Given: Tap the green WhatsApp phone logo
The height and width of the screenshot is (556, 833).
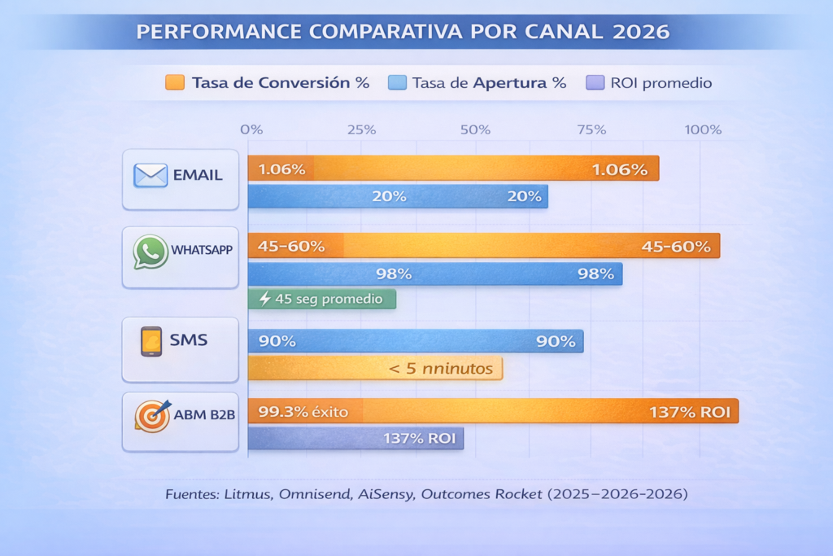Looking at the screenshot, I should (x=150, y=252).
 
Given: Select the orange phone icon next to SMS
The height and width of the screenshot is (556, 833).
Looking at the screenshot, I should (x=150, y=341).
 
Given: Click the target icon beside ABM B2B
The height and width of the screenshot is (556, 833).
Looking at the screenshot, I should (x=151, y=416).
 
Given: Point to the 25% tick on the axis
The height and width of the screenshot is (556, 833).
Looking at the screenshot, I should (x=361, y=130).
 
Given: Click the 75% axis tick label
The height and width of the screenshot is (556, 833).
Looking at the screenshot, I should (x=591, y=130).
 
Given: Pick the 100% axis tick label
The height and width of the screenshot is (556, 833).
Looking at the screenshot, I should (x=703, y=130).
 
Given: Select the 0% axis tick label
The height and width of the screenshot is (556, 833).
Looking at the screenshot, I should (x=251, y=130).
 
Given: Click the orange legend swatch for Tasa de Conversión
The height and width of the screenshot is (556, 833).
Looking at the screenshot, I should (x=174, y=82).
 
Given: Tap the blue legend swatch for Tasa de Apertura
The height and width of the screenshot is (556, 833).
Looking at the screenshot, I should (x=396, y=82).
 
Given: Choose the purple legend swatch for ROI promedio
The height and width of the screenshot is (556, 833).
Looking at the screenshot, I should (x=594, y=82).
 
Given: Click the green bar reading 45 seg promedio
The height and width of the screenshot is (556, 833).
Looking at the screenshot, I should (x=321, y=299).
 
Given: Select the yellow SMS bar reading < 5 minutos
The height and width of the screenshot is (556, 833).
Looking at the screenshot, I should (x=375, y=369).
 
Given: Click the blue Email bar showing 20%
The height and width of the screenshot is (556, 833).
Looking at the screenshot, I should (x=398, y=196).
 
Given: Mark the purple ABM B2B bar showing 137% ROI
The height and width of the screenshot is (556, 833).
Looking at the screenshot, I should (x=355, y=439).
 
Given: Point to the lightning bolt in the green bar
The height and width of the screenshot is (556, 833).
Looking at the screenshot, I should (x=264, y=299).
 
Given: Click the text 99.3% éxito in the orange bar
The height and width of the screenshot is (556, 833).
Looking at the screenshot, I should (x=303, y=412).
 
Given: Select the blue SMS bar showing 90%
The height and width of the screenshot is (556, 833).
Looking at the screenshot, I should (x=416, y=341).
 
